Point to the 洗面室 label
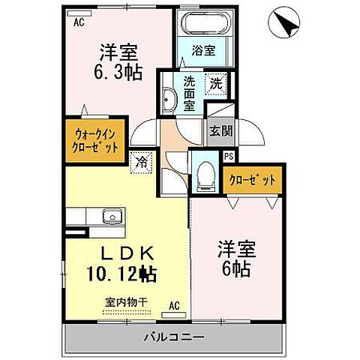pos(190,94)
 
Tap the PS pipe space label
pos(228,156)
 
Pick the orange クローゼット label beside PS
pos(253,180)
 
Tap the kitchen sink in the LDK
pos(112,217)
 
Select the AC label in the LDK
pos(173,306)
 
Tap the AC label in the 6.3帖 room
pos(78,22)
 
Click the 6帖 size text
pos(235,268)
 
